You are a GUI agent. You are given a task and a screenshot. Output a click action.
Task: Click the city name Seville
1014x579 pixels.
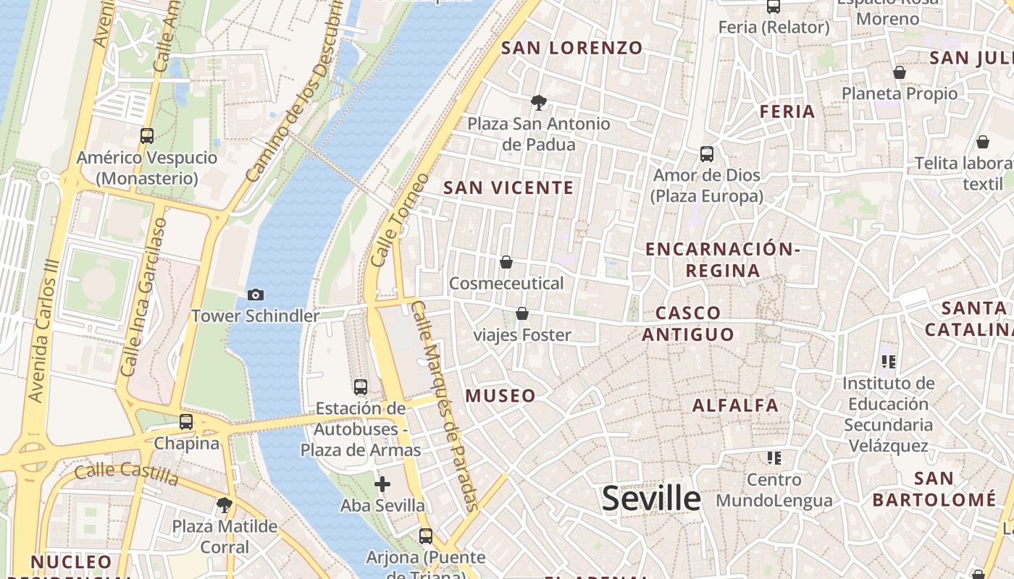point(651,499)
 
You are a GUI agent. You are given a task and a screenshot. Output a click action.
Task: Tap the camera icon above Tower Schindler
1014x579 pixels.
point(255,295)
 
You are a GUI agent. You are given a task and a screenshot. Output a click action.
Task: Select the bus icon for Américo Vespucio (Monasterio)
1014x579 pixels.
point(147,135)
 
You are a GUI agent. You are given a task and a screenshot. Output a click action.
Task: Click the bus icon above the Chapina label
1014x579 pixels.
point(186,421)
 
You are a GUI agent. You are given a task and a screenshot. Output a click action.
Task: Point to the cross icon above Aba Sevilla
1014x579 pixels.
point(382,483)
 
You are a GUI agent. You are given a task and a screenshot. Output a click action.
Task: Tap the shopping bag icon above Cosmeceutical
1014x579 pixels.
point(506,261)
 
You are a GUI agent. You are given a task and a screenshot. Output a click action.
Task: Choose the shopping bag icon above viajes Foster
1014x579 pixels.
point(521,313)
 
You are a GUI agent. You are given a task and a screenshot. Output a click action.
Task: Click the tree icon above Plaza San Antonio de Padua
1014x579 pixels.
point(538,103)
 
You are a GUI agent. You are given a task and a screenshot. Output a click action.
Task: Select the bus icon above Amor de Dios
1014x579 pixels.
point(706,153)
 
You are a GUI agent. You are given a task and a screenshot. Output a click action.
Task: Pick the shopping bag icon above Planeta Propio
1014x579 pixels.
point(899,72)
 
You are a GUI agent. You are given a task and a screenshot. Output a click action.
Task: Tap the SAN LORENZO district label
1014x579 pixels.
point(572,48)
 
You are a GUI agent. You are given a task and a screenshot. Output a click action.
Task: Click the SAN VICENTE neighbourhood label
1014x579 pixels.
point(508,188)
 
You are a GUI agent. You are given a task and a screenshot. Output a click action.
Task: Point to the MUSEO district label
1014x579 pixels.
point(500,396)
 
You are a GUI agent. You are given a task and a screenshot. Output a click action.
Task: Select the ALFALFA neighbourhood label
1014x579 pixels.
point(735,405)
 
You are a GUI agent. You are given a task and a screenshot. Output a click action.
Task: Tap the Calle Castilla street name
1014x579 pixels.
point(127,475)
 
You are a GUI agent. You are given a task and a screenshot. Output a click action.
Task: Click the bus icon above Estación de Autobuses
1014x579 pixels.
point(361,386)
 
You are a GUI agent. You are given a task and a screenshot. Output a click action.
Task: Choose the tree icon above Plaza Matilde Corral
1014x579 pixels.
point(225,504)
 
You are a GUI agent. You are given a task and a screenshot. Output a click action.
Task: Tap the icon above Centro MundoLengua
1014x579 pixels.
point(774,457)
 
